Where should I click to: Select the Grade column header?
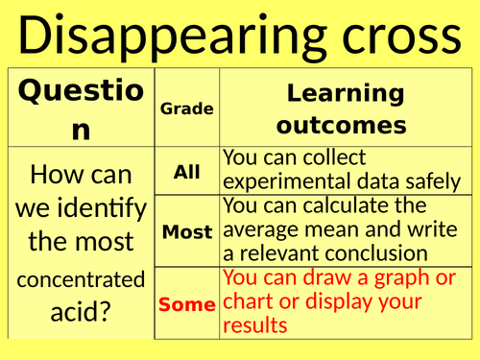[186, 109]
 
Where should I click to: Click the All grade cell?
[186, 173]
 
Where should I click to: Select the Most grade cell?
[186, 231]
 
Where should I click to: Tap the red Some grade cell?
[186, 304]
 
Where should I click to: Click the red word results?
[253, 325]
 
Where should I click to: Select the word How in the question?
[56, 175]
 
